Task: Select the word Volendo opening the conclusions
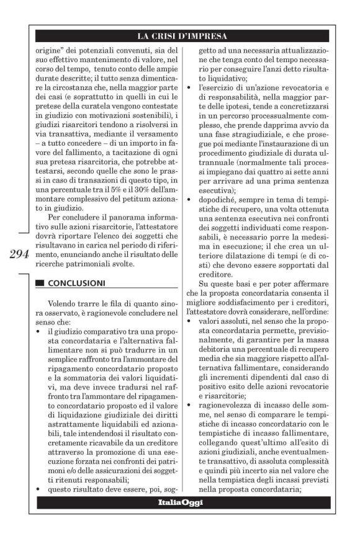tap(61, 304)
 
